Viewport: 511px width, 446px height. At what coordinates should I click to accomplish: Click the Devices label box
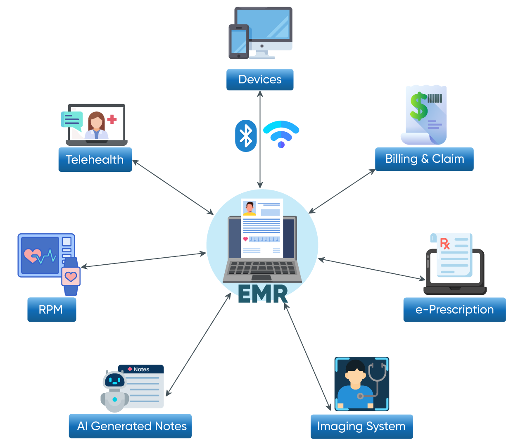(x=260, y=79)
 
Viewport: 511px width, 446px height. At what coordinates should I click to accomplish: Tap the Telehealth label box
(x=95, y=159)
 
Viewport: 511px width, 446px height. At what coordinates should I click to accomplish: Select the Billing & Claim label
(x=424, y=159)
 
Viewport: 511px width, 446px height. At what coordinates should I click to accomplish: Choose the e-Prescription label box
(x=454, y=309)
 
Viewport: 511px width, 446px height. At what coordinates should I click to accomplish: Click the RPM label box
(x=51, y=309)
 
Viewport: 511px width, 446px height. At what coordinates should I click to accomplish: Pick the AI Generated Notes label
(x=130, y=426)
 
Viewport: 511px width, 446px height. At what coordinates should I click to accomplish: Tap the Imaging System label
(x=361, y=426)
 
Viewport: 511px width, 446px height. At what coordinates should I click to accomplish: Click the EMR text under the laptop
(x=263, y=294)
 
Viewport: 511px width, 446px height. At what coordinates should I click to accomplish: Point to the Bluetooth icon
(x=246, y=136)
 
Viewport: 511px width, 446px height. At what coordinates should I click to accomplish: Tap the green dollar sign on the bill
(x=419, y=106)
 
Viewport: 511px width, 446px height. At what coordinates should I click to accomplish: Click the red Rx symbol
(x=445, y=243)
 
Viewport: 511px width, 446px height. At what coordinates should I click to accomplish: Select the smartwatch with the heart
(x=71, y=276)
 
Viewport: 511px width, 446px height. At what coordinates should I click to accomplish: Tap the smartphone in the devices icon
(x=239, y=41)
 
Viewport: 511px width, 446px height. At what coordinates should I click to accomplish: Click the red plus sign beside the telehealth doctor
(x=112, y=119)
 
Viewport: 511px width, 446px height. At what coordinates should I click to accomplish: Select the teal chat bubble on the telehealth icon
(x=72, y=120)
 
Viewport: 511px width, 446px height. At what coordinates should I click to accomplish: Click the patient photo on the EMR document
(x=250, y=208)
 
